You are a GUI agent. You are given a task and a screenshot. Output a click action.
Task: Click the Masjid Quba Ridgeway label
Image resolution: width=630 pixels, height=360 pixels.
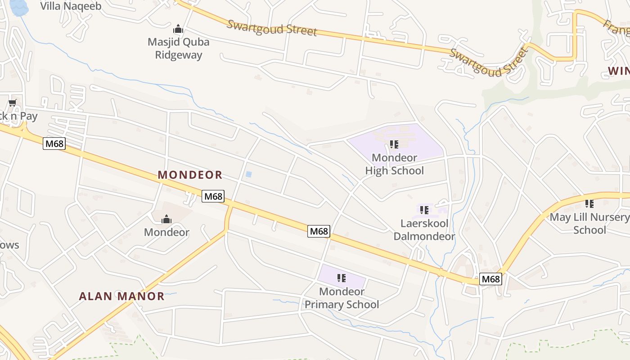click(179, 49)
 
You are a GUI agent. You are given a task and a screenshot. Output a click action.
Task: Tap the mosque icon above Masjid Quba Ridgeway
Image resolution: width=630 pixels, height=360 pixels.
click(179, 29)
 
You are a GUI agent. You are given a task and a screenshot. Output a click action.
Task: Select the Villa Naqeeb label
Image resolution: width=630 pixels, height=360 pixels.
click(71, 6)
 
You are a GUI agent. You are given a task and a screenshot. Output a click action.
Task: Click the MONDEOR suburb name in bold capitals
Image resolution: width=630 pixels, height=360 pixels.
click(190, 175)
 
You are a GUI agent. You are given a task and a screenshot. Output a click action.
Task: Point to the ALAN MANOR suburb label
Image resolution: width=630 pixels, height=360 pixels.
click(121, 296)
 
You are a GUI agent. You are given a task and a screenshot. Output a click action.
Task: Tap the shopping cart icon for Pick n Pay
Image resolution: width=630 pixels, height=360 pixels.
click(12, 103)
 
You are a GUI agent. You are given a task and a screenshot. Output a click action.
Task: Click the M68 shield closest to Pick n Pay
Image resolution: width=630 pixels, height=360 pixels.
click(54, 144)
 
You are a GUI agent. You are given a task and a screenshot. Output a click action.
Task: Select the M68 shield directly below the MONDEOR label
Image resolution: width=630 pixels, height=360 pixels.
click(213, 196)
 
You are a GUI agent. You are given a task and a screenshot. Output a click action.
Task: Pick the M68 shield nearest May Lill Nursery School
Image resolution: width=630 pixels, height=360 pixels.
click(490, 279)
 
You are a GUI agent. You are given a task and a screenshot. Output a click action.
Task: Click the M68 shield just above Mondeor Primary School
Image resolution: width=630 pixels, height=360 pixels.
click(319, 231)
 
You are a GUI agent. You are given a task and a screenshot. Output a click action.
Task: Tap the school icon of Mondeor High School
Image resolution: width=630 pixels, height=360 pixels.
click(394, 144)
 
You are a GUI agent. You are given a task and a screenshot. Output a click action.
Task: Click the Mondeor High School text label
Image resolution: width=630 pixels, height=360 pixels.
click(394, 164)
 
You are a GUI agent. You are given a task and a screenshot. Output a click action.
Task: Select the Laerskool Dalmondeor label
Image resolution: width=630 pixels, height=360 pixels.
click(424, 230)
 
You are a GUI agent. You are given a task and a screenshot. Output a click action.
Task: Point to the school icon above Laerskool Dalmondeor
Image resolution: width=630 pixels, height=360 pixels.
click(424, 210)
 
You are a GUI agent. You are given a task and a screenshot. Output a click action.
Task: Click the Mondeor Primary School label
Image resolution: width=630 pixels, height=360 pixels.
click(342, 298)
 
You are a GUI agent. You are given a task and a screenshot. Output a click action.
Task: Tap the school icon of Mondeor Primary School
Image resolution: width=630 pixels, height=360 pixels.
click(342, 278)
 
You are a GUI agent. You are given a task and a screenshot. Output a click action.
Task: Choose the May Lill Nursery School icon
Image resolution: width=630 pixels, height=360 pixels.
click(589, 204)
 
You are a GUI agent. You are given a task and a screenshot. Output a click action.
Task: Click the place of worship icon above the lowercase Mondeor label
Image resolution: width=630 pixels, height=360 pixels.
click(166, 219)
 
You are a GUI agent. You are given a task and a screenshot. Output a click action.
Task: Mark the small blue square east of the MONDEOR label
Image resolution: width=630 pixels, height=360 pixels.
click(248, 174)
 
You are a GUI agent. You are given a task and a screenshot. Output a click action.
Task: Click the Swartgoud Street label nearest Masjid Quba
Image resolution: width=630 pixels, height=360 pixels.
click(272, 28)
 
